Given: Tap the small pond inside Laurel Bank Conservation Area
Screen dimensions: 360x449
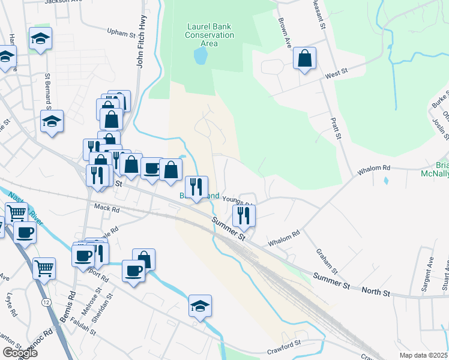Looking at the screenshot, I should (200, 56).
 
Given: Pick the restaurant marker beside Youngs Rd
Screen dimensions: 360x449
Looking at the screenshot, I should (244, 215).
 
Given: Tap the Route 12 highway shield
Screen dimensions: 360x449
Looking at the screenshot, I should (46, 302).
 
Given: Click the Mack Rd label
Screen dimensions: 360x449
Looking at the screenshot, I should (107, 209).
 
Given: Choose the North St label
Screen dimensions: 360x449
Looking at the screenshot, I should (378, 293).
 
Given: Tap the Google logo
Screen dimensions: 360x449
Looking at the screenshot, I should (20, 353).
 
